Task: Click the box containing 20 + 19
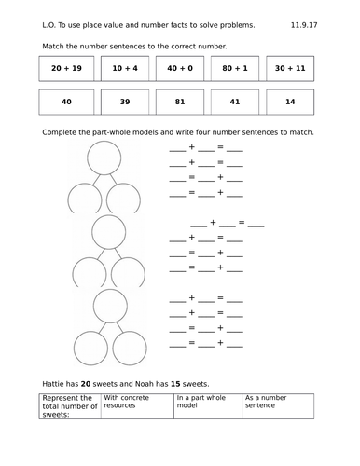66,68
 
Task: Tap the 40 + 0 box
179,68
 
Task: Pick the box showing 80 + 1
235,68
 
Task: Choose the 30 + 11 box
290,68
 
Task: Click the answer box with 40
66,103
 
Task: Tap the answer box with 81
179,103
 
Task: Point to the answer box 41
235,103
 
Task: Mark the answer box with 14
290,103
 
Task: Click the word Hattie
57,383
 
